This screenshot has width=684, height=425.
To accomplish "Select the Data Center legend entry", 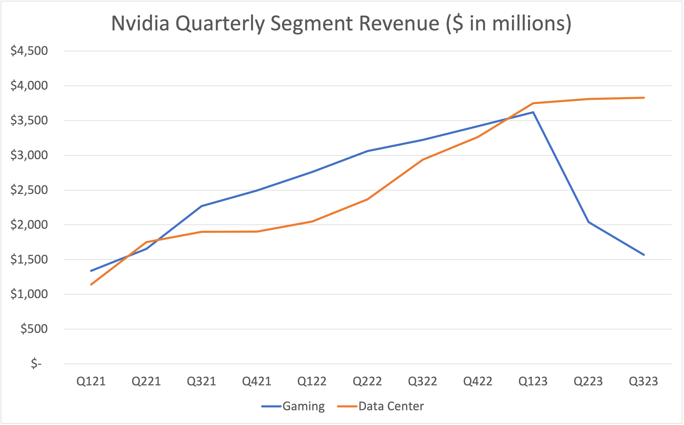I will [391, 406].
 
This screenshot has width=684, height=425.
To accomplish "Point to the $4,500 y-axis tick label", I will [29, 51].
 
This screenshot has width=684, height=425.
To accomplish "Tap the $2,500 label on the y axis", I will [29, 190].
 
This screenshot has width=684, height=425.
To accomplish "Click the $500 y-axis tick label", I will [34, 329].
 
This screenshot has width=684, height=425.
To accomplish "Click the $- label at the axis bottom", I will [36, 364].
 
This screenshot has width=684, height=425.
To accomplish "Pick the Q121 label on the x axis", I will [91, 381].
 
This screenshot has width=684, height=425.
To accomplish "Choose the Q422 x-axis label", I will [478, 381].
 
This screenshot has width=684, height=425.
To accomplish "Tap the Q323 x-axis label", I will [644, 381].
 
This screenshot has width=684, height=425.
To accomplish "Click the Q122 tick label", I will [312, 381].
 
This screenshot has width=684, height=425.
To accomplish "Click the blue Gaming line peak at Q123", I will [533, 112].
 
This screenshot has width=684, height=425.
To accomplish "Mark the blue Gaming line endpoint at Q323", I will [644, 255].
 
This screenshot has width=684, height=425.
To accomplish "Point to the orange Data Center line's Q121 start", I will [91, 284].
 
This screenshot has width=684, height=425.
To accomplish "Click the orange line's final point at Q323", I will [644, 98].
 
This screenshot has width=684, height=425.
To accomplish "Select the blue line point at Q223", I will [589, 222].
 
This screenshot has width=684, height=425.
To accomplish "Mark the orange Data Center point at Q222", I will [367, 199].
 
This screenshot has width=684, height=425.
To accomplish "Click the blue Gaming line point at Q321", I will [202, 206].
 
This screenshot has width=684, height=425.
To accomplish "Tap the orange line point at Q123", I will [533, 103].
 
